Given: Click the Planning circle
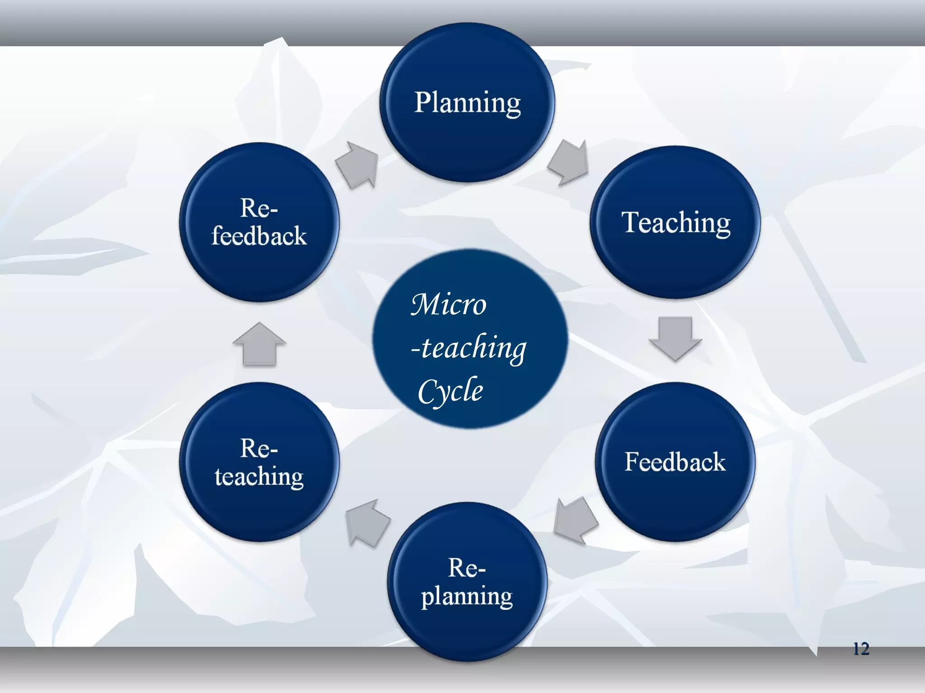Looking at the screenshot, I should click(467, 103).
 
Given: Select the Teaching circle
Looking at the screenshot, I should click(675, 222).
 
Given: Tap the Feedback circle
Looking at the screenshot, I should click(675, 462).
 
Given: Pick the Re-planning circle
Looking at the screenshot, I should click(467, 582).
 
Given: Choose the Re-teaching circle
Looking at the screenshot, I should click(259, 462).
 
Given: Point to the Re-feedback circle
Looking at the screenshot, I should click(259, 222).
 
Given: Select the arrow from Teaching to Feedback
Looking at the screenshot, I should click(675, 338).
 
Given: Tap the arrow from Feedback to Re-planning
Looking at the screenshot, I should click(575, 520).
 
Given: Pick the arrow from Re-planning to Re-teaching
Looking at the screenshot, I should click(366, 523).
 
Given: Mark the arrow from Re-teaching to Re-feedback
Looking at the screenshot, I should click(259, 344).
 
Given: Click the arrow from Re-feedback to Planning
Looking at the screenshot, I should click(358, 165).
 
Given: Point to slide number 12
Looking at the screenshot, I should click(861, 649).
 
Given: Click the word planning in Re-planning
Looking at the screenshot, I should click(467, 596).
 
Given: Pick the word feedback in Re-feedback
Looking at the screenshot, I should click(259, 236).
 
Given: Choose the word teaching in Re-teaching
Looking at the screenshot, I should click(259, 476).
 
